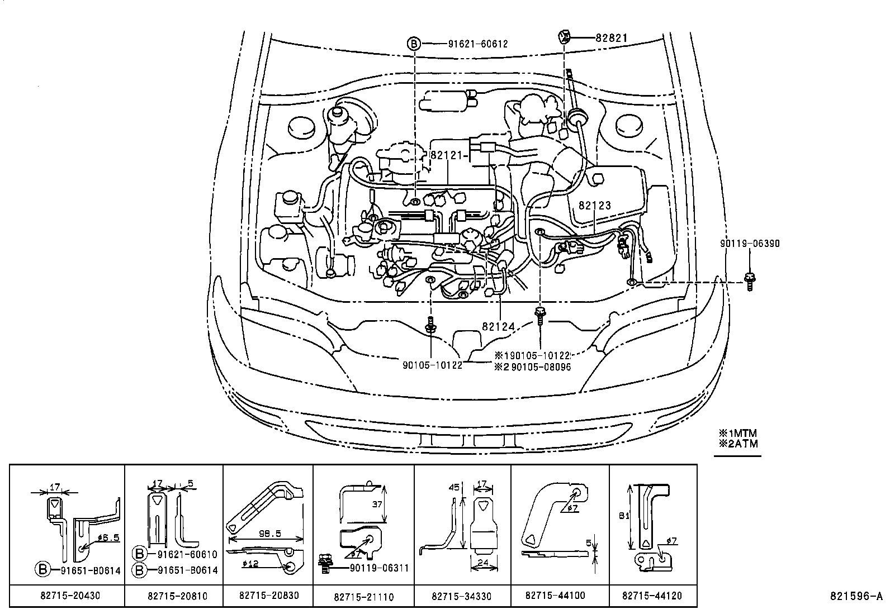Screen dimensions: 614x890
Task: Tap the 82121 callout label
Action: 447,156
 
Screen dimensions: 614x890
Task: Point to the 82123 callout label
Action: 595,206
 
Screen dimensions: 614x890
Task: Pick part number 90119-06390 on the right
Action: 749,244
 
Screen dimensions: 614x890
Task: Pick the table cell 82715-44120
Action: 652,596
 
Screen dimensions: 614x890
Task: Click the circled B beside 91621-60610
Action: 139,554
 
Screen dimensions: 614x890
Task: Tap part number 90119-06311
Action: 379,568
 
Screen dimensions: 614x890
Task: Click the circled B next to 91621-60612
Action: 413,44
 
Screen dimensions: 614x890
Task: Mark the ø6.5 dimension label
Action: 107,537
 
